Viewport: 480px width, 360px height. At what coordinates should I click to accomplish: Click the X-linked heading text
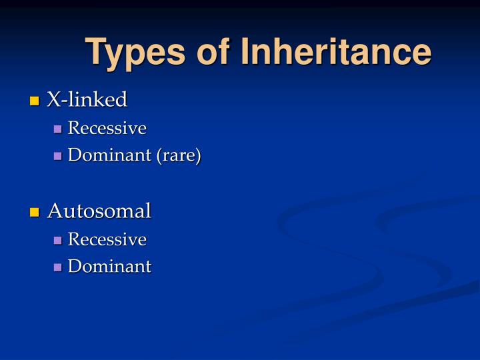(87, 100)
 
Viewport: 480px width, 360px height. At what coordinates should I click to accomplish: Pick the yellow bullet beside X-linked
(35, 101)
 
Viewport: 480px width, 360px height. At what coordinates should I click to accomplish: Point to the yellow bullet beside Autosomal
(35, 213)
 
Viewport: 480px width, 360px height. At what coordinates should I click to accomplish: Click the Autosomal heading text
(99, 211)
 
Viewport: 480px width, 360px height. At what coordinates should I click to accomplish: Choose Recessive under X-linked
(107, 128)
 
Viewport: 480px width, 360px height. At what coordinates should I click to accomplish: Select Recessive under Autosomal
(107, 239)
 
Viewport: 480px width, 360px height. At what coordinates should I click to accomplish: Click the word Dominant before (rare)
(110, 156)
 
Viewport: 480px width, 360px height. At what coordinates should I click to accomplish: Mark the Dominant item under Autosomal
(110, 267)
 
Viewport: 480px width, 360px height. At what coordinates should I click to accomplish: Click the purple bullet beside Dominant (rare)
(58, 157)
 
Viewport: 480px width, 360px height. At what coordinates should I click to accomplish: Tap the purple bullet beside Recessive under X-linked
(58, 129)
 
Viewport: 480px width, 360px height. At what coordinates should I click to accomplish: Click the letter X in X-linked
(53, 100)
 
